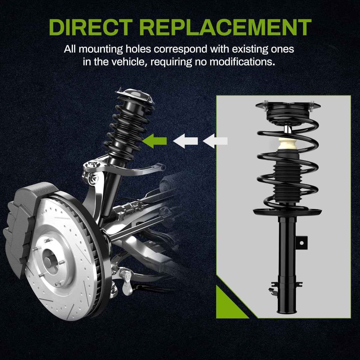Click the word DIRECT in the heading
point(91,27)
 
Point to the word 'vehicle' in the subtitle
point(128,62)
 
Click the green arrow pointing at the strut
point(154,141)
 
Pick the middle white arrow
point(185,141)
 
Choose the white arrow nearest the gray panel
point(215,141)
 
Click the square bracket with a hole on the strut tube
point(301,243)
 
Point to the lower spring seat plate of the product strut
point(287,212)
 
